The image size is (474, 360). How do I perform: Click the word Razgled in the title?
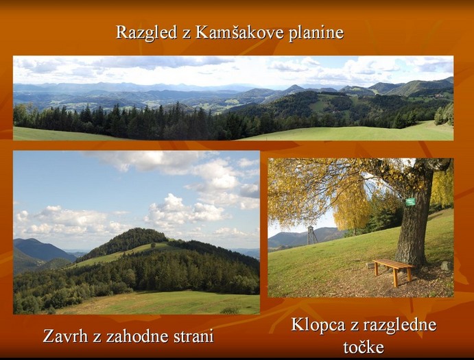146,32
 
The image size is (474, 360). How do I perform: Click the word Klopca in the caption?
318,325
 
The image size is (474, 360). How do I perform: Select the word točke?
364,347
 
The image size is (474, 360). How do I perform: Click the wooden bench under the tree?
394,270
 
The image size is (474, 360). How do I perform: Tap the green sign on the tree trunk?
410,202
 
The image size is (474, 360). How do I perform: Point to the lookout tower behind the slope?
311,235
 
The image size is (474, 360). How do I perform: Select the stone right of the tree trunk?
445,265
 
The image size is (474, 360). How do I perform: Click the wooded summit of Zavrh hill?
136,238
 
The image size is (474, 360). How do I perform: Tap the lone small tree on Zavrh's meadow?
154,245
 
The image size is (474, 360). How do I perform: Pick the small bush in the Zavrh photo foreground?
230,311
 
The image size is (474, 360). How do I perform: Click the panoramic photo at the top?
233,98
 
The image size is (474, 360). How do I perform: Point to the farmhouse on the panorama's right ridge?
439,95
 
